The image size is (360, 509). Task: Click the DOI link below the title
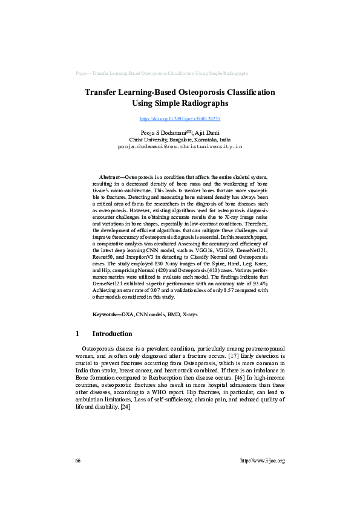180,119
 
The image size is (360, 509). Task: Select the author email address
180,146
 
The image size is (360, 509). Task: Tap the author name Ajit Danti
207,132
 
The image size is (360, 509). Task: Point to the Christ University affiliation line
180,138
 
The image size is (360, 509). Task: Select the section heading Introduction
112,334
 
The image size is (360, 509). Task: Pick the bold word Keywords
106,314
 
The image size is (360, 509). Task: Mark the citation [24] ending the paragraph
126,406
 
